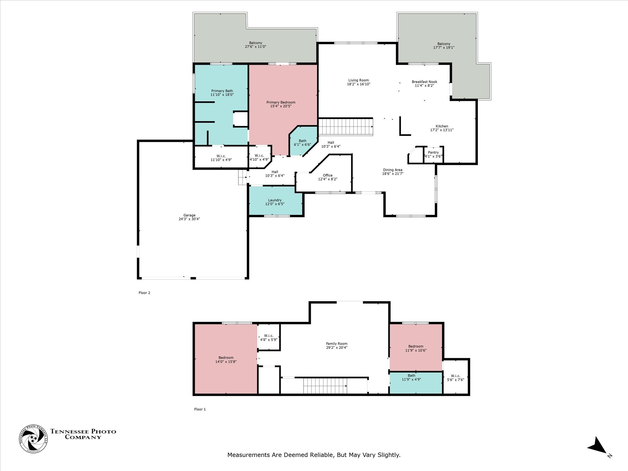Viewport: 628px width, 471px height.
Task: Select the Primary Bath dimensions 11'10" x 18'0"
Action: point(222,95)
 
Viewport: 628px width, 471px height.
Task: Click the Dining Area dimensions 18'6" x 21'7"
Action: point(392,174)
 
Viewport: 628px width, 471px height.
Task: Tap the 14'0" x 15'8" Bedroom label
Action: point(226,360)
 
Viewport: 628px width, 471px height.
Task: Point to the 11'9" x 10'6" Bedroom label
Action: point(416,349)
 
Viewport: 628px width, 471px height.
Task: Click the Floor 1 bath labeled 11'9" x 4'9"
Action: point(411,377)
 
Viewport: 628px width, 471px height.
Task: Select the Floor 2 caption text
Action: point(144,293)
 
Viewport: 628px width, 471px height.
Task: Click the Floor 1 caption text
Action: point(200,409)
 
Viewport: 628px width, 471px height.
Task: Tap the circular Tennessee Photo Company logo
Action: point(34,439)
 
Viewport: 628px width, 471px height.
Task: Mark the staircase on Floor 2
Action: point(345,127)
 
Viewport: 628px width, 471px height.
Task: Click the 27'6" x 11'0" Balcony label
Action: point(256,45)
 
